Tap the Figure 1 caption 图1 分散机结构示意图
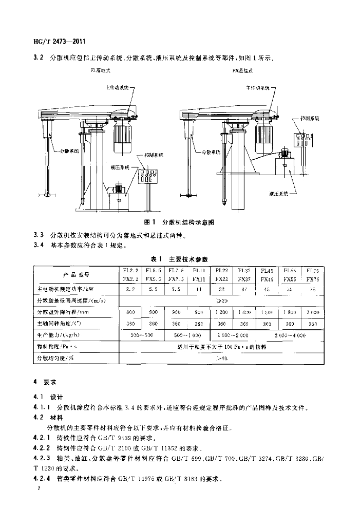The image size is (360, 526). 179,222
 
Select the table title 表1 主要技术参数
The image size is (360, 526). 179,258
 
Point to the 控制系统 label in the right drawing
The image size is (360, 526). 309,118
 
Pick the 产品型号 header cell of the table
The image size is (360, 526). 76,274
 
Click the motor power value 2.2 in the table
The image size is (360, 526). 130,289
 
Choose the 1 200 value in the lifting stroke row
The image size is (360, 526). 222,312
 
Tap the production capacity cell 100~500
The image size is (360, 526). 142,335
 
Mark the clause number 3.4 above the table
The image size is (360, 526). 37,246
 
